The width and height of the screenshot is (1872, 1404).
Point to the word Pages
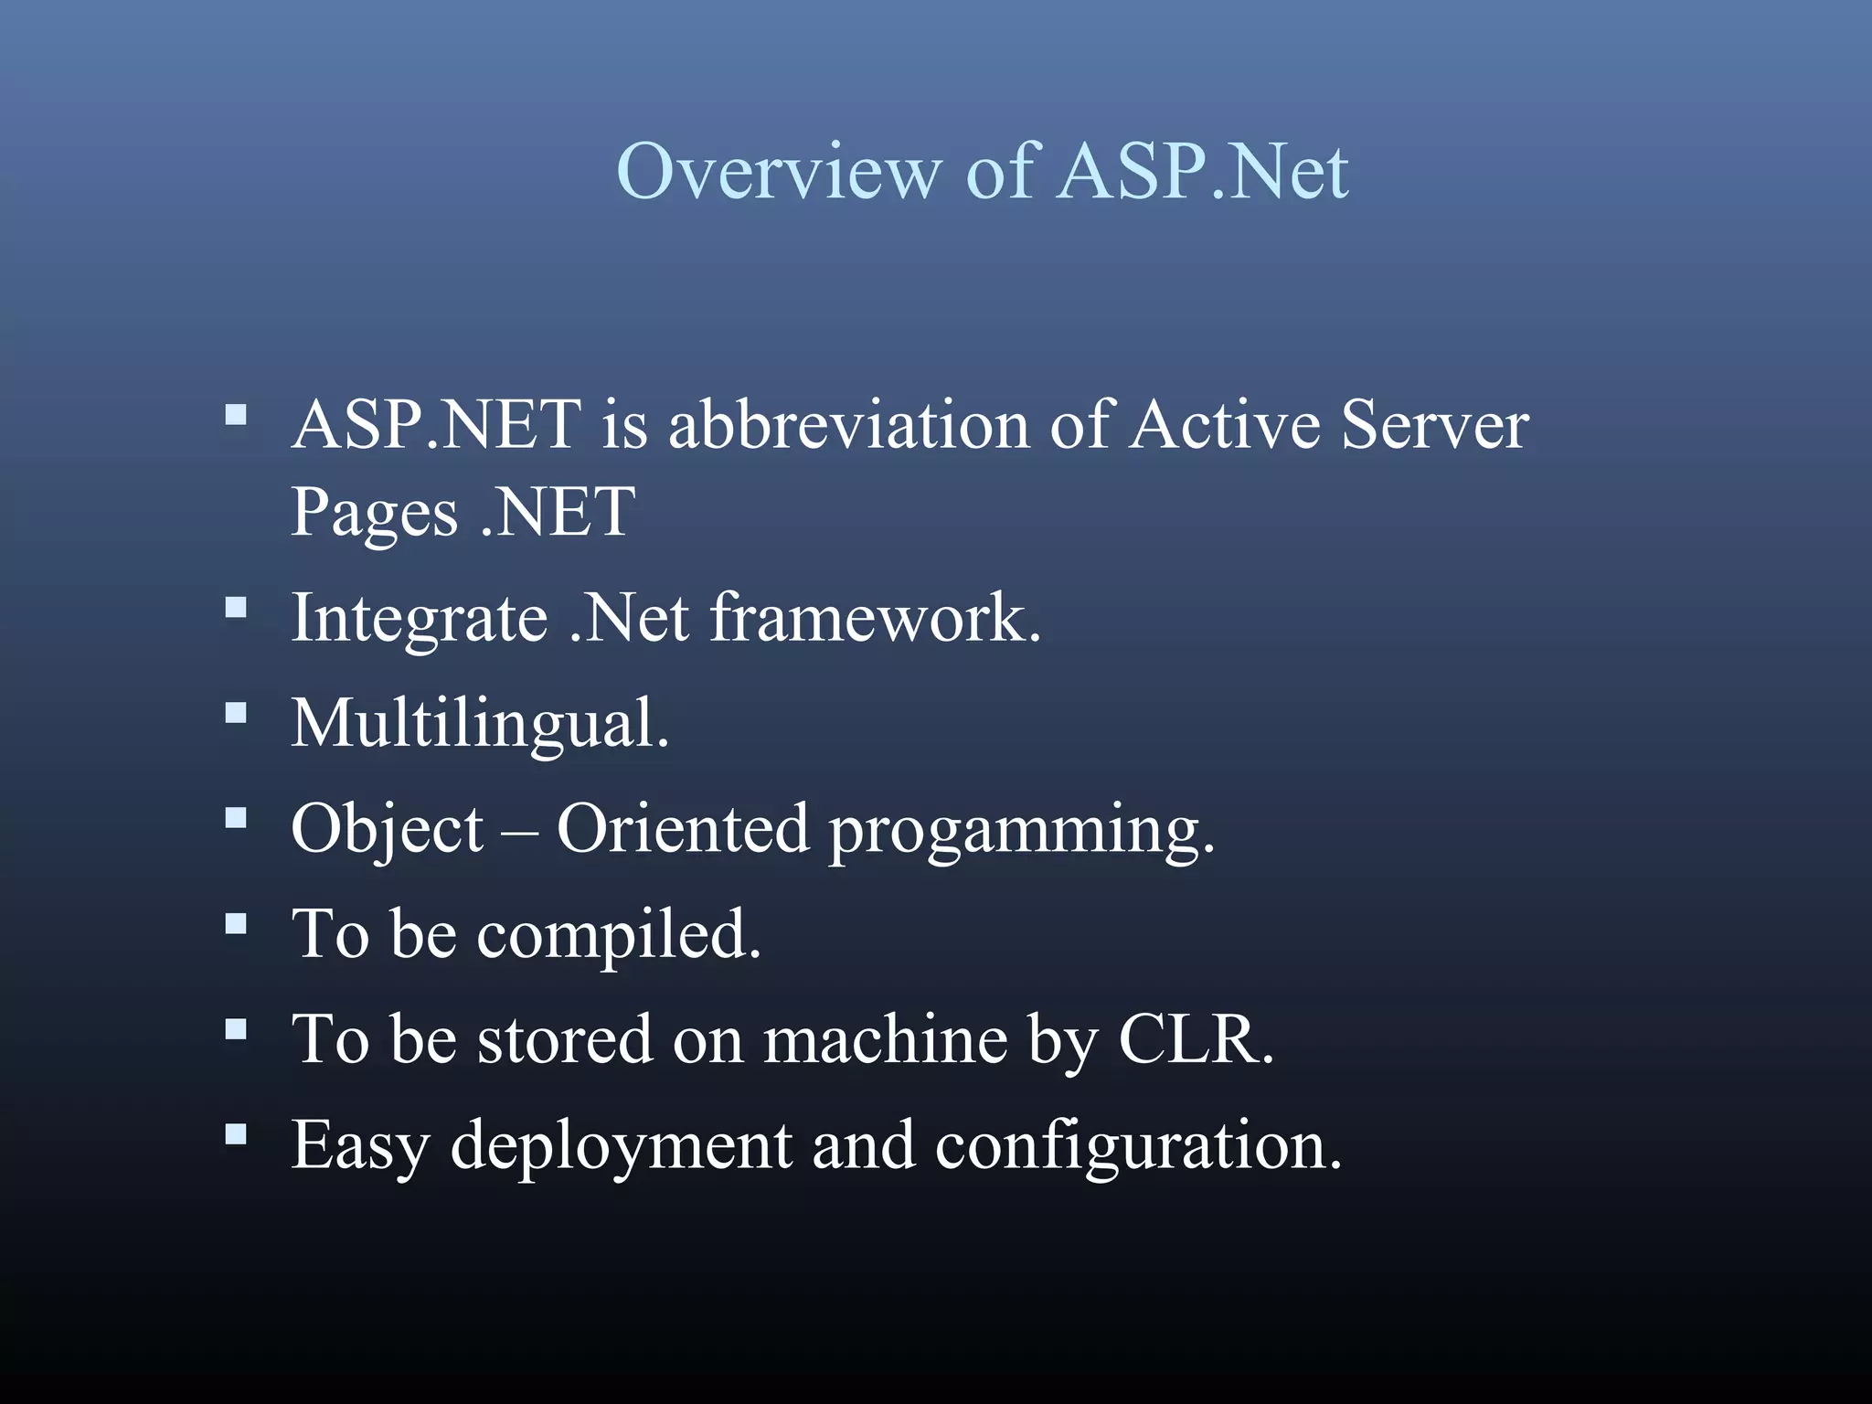[x=374, y=513]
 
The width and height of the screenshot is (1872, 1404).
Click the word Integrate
[x=420, y=619]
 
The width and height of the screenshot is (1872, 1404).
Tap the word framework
[x=876, y=619]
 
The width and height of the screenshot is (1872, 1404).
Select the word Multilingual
[x=480, y=724]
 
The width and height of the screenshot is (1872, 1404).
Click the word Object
[x=387, y=830]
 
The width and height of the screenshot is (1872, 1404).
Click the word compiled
[x=619, y=935]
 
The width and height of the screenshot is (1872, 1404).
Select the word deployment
[x=622, y=1146]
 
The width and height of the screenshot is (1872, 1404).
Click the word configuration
[x=1138, y=1146]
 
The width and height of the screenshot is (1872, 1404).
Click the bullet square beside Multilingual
[x=236, y=712]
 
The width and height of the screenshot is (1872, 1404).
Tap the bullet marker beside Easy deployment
[x=236, y=1134]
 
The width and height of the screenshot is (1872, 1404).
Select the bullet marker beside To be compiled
[x=236, y=923]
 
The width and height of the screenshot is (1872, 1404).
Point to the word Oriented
[x=683, y=829]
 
